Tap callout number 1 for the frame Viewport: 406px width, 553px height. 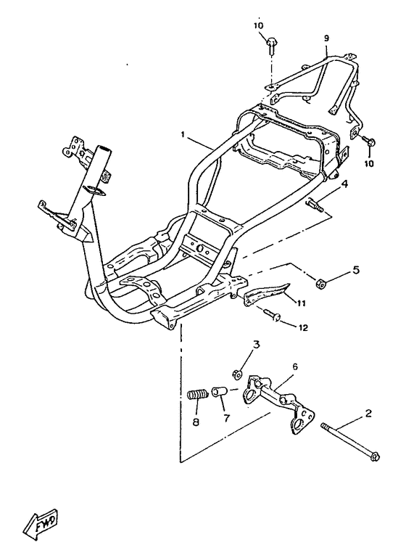[183, 134]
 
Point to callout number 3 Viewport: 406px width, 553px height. [256, 344]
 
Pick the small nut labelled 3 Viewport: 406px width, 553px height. [236, 374]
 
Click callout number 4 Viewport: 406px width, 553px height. [344, 184]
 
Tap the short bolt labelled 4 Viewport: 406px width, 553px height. [315, 205]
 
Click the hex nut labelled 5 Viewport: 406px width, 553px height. [320, 282]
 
